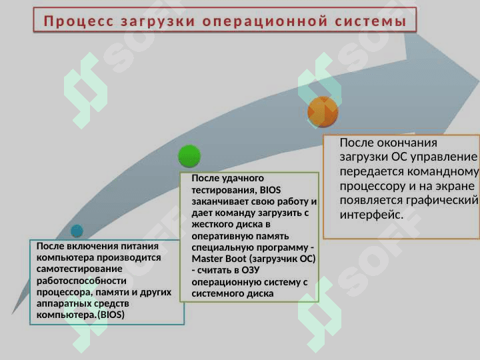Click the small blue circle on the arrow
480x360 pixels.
click(77, 231)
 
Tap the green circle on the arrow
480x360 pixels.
click(189, 156)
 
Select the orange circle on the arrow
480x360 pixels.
click(323, 112)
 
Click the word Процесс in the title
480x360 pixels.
click(79, 21)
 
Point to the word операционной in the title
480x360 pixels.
click(265, 21)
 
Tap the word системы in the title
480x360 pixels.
click(371, 21)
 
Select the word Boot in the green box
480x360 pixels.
click(236, 259)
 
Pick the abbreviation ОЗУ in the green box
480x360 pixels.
click(251, 270)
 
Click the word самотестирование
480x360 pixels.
click(79, 269)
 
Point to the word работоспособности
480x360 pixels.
click(81, 281)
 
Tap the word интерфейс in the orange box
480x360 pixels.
click(370, 215)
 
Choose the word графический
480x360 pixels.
click(442, 200)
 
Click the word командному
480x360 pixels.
click(443, 171)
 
